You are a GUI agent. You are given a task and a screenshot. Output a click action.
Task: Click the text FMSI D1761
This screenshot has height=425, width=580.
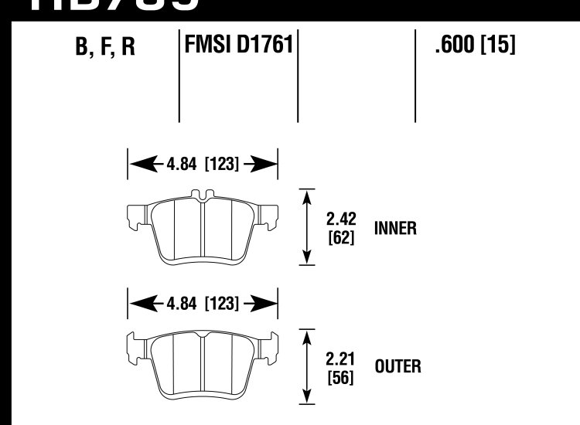(238, 46)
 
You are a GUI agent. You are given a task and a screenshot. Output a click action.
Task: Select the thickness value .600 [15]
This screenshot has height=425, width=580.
(475, 46)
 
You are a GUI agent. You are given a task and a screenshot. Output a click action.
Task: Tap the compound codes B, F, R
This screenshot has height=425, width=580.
(106, 48)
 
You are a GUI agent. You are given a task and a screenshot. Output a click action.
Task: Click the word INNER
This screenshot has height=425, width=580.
(396, 229)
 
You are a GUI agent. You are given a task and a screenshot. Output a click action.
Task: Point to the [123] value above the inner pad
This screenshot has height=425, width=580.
(222, 164)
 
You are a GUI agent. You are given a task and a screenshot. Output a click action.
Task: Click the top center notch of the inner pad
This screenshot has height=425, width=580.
(203, 195)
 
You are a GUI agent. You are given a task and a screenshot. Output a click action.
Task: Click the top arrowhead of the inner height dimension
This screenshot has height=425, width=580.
(309, 194)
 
